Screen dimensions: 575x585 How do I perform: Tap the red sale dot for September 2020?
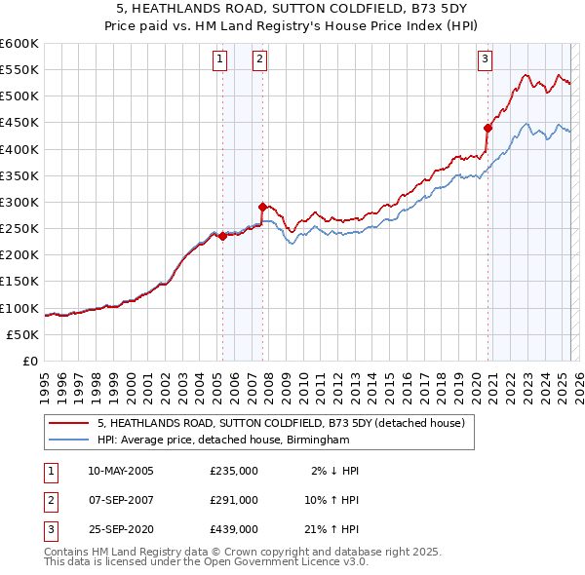point(488,128)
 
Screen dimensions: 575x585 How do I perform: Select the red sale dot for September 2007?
point(262,207)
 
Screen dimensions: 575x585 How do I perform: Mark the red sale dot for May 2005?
point(222,236)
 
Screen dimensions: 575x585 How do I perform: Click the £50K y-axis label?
point(22,334)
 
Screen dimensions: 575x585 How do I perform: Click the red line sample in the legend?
point(68,423)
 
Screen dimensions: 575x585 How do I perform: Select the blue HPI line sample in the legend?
point(68,441)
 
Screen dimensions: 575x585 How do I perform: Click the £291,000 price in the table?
point(233,500)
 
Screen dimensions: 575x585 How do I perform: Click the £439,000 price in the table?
point(233,529)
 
